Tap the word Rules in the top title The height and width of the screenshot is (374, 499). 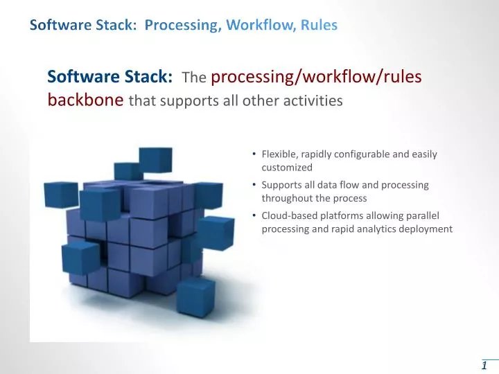coord(319,26)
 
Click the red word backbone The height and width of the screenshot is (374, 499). coord(86,100)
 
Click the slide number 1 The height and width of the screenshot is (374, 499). coord(484,365)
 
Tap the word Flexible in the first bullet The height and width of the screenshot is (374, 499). coord(279,154)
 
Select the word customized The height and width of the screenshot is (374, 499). coord(287,167)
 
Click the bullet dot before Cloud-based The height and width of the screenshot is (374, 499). coord(255,215)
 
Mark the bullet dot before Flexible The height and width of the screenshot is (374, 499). coord(255,154)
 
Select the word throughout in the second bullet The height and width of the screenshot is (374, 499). coord(286,198)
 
